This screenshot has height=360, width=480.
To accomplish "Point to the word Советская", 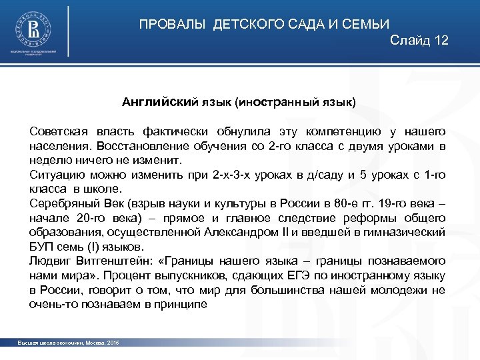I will tap(56, 131).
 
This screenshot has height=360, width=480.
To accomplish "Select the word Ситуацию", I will tap(53, 175).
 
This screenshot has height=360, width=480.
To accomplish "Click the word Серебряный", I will tap(61, 203).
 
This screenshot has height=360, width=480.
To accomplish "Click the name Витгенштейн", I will tap(109, 261).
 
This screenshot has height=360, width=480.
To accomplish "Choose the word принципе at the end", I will tap(186, 304).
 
